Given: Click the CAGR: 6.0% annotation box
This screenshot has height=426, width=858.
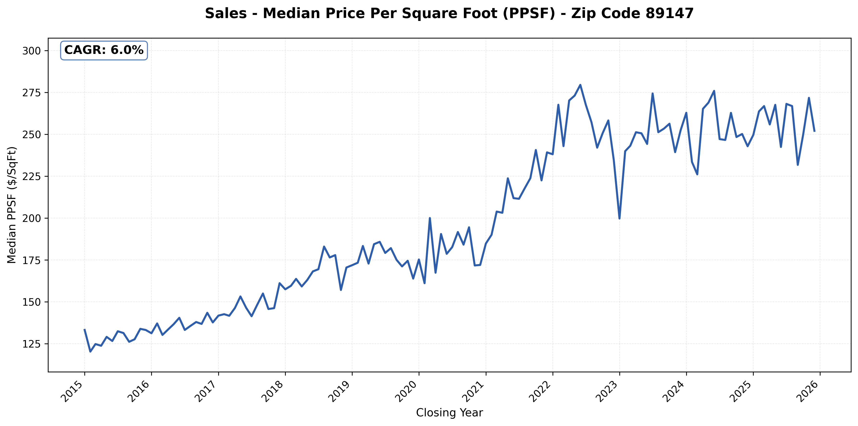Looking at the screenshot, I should pos(104,50).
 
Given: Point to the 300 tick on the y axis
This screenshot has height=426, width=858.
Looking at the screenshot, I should pos(31,51).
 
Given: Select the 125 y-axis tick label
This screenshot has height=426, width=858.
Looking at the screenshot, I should pos(31,344).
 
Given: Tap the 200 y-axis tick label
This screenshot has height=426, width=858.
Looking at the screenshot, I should pos(31,218).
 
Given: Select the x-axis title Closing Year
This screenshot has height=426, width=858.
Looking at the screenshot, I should pos(449,413).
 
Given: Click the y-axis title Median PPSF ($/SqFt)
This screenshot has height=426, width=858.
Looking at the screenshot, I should pos(12,205).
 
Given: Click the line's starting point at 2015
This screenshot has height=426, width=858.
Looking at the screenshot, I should pos(85,329).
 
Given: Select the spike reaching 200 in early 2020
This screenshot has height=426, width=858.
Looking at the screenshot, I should pos(430,218).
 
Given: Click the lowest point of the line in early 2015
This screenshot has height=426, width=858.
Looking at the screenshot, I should pos(90,352).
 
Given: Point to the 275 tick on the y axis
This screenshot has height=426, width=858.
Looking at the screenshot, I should pos(31,92).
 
